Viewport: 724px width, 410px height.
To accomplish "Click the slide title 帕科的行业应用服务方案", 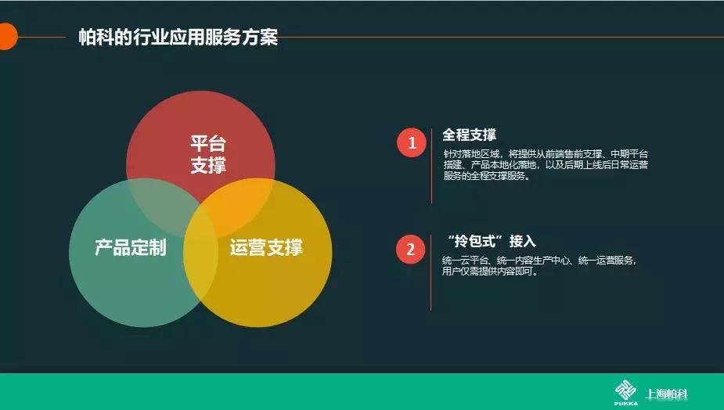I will (x=178, y=37).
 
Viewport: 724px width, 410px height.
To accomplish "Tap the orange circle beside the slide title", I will (x=6, y=37).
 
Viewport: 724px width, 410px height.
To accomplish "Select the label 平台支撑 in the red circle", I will (x=207, y=154).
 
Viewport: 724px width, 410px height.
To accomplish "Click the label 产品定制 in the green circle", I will (x=130, y=248).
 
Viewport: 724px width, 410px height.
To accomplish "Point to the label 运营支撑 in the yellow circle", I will (x=266, y=248).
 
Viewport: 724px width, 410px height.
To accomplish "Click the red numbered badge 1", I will (x=411, y=142).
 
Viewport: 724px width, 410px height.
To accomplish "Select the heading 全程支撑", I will (x=469, y=135).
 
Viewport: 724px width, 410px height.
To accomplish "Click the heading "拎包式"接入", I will (x=489, y=241).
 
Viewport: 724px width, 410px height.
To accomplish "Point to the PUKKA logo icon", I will (x=625, y=391).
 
